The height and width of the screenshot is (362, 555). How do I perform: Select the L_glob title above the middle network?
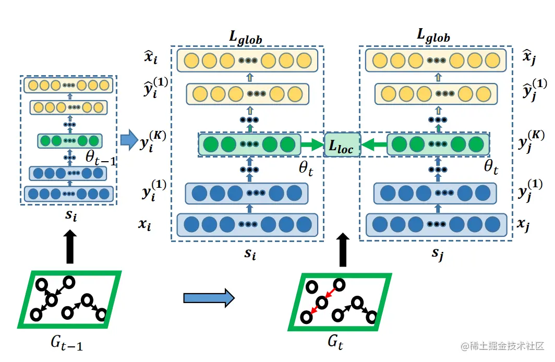click(x=245, y=38)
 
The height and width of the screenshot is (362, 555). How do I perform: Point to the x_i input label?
click(x=145, y=225)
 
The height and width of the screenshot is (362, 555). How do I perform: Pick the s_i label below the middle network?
click(x=250, y=254)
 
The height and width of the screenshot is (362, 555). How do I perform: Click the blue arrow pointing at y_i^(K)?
click(x=127, y=140)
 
